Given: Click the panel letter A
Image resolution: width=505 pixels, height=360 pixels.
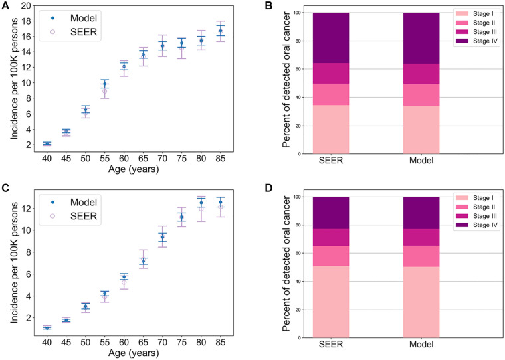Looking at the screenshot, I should (6, 6).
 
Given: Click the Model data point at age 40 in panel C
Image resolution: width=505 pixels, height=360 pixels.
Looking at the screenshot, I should (47, 328).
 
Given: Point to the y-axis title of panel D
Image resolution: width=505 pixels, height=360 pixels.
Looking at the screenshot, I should (273, 266).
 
